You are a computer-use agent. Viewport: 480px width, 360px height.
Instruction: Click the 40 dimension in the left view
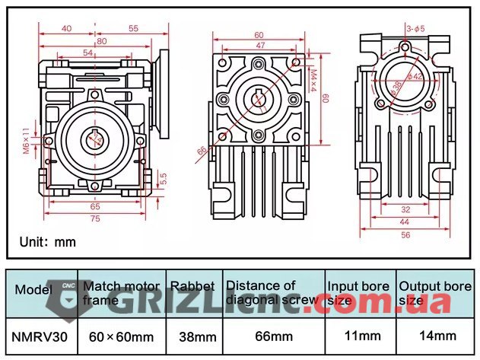click(66, 28)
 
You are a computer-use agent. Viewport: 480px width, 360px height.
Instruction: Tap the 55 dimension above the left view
click(134, 28)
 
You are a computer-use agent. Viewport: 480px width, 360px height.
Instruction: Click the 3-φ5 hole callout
click(415, 29)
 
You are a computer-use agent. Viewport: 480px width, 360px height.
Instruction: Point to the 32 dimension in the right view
click(405, 209)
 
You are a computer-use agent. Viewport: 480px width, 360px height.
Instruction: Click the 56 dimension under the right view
click(405, 235)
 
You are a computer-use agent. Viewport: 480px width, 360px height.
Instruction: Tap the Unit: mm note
click(48, 242)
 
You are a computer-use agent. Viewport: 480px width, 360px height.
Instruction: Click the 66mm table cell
click(272, 336)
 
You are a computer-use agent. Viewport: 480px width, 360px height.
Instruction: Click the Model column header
click(33, 290)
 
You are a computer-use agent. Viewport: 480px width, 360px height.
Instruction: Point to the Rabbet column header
click(192, 286)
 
